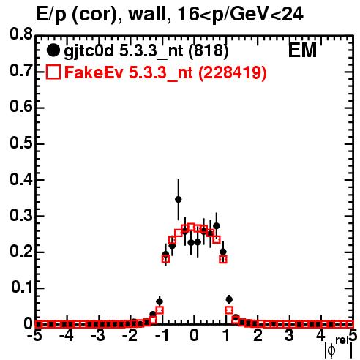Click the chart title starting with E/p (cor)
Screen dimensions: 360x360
[x=170, y=14]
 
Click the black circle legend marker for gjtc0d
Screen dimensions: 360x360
[x=53, y=50]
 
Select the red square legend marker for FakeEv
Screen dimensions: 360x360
[x=53, y=72]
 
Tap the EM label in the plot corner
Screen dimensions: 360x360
[x=302, y=50]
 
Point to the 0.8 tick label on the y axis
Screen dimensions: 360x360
[x=21, y=34]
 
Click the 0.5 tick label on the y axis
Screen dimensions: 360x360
[x=21, y=143]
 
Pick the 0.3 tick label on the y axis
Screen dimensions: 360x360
[x=21, y=215]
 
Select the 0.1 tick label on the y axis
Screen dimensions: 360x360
[x=21, y=288]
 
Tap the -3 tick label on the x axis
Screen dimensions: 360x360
[x=98, y=336]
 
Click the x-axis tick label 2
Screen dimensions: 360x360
[x=258, y=336]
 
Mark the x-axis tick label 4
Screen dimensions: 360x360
[x=320, y=336]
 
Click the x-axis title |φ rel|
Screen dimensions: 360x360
[x=339, y=348]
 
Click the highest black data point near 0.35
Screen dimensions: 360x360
[x=179, y=199]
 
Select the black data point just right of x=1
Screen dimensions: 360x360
[x=229, y=299]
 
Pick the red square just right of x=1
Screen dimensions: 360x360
[x=229, y=310]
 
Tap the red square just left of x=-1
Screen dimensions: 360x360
[x=160, y=310]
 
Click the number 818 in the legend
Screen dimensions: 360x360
[x=209, y=50]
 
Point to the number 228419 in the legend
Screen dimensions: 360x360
[x=232, y=72]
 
